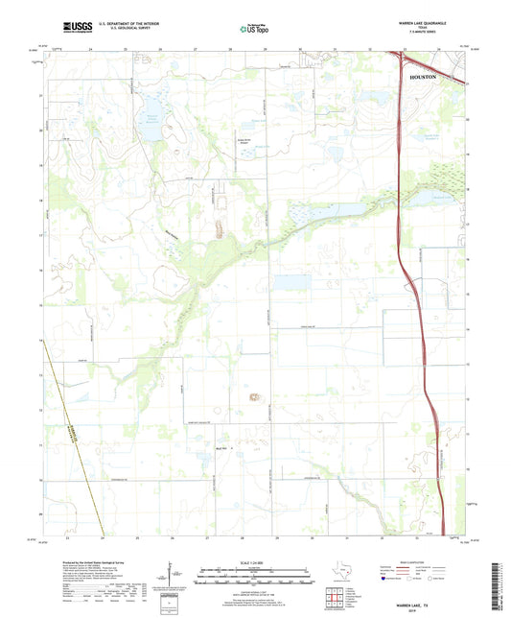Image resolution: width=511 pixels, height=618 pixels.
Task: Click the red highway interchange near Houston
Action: click(x=402, y=61)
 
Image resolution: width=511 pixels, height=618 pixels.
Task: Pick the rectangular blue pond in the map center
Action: click(x=290, y=282)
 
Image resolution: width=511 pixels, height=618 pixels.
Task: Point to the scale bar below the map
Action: click(x=254, y=578)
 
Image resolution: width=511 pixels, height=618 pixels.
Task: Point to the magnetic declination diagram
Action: click(x=175, y=579)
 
